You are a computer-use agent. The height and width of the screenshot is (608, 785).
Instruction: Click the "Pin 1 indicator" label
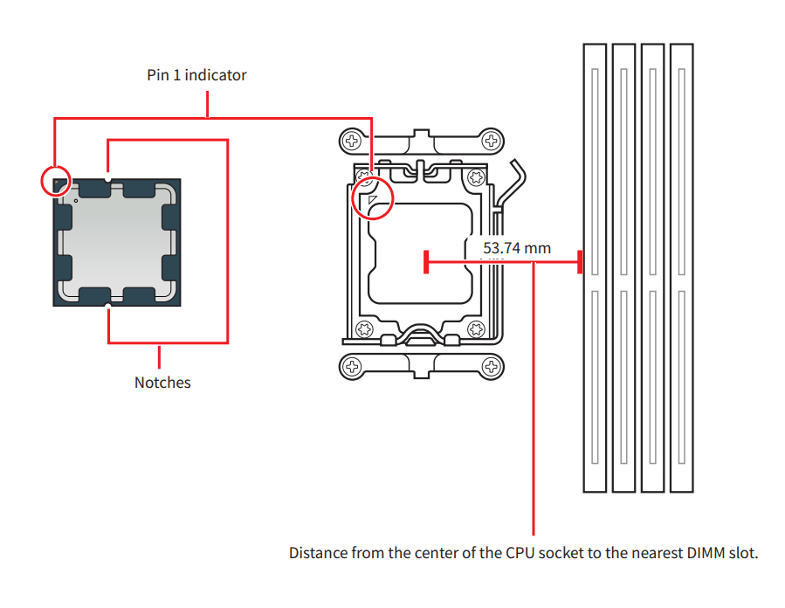pyautogui.click(x=196, y=75)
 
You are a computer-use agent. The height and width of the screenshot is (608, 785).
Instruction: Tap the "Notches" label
pyautogui.click(x=162, y=382)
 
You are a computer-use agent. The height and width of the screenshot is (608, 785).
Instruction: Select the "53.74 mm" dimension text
pyautogui.click(x=517, y=248)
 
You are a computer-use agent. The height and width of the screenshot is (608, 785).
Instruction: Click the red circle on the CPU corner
pyautogui.click(x=56, y=181)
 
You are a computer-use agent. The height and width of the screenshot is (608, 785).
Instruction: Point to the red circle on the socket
pyautogui.click(x=373, y=198)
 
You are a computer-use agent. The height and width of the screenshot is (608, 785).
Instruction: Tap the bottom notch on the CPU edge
pyautogui.click(x=107, y=305)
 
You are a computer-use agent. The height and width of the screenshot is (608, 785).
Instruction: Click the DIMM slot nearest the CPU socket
pyautogui.click(x=594, y=266)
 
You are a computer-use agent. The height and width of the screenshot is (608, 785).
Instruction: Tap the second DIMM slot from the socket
pyautogui.click(x=623, y=266)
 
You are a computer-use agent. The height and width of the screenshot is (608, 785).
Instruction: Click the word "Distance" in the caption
pyautogui.click(x=317, y=553)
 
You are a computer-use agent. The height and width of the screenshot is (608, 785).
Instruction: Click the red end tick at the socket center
pyautogui.click(x=425, y=261)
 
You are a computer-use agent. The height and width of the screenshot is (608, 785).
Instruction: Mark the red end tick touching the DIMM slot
pyautogui.click(x=579, y=261)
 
